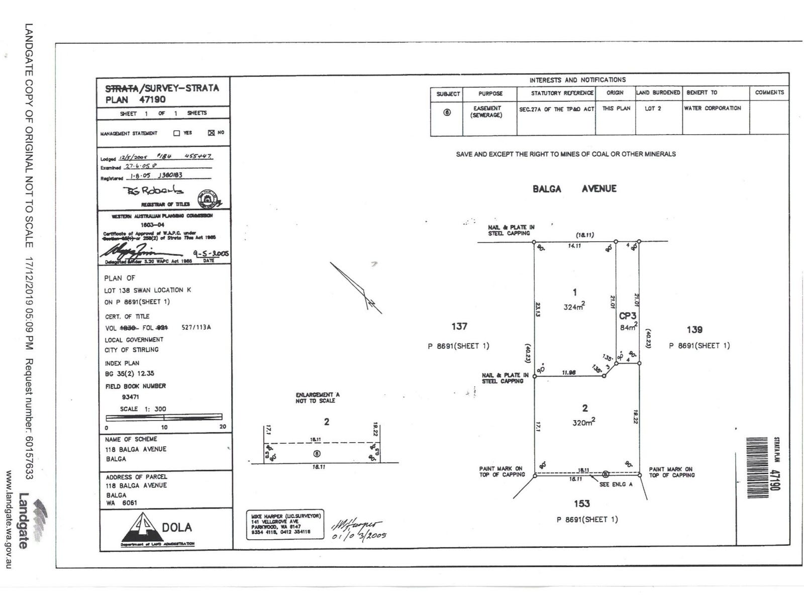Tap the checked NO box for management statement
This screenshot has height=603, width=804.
[211, 133]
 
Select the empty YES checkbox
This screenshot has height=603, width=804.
[176, 133]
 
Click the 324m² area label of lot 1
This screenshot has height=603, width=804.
[574, 307]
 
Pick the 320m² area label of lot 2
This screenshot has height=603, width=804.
[583, 423]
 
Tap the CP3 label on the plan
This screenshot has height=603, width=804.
[628, 316]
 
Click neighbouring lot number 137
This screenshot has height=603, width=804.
[459, 327]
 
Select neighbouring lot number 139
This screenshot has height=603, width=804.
[694, 330]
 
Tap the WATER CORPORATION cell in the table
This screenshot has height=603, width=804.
[712, 109]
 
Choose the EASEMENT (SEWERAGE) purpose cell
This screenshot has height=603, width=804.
[486, 112]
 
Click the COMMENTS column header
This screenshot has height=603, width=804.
[769, 92]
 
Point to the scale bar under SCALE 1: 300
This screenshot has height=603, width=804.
[164, 417]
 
